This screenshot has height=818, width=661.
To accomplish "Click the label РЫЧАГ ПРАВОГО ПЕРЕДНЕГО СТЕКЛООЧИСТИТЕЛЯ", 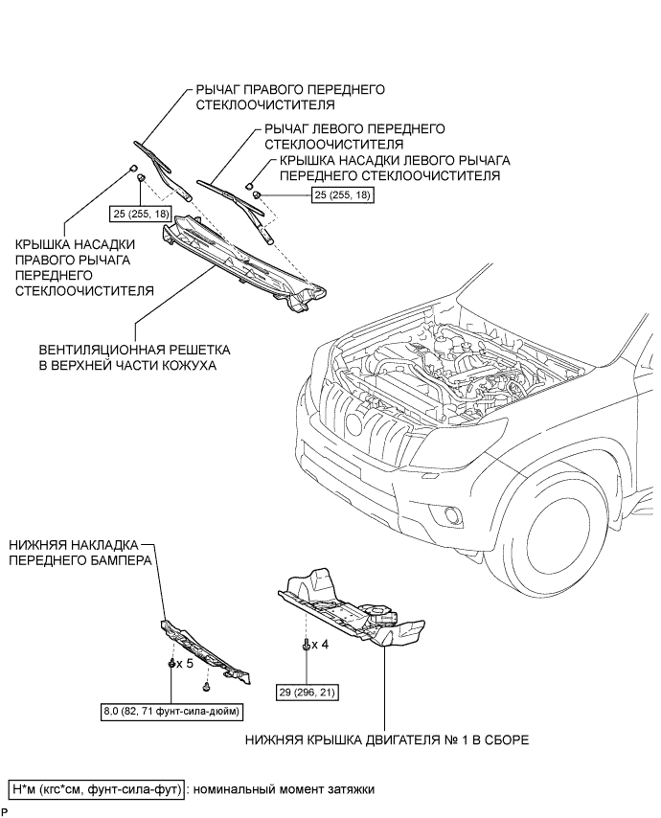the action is (x=290, y=97).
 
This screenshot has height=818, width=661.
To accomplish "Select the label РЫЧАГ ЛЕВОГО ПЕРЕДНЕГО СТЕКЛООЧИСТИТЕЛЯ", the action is (x=354, y=136).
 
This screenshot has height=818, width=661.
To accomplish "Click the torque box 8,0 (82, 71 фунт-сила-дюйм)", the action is (x=172, y=712).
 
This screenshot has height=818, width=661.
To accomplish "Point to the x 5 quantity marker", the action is (x=185, y=664).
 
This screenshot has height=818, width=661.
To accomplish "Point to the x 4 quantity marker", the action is (x=320, y=645).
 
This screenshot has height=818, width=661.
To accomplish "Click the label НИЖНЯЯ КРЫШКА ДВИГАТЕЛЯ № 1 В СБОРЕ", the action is (x=387, y=739).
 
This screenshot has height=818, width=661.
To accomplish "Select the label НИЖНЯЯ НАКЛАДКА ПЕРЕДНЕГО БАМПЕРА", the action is (x=80, y=553).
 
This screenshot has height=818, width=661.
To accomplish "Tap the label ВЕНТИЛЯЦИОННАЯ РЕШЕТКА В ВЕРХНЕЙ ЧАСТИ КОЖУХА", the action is (x=135, y=357).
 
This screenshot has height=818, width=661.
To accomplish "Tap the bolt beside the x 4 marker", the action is (x=307, y=645).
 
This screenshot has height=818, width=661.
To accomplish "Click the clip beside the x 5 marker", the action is (x=171, y=664).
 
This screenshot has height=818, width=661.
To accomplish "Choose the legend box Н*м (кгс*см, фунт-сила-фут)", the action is (x=96, y=789).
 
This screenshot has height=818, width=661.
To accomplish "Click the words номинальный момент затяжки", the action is (x=284, y=789).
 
